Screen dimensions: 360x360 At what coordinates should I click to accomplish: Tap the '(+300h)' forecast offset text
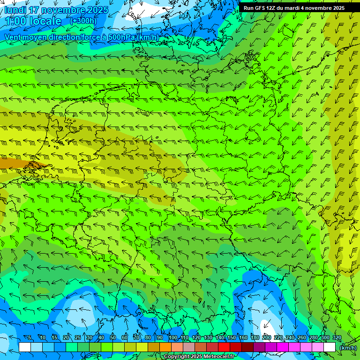(x=83, y=21)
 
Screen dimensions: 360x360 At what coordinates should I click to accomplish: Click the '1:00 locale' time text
(x=33, y=21)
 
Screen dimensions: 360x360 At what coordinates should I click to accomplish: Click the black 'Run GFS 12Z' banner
(x=294, y=8)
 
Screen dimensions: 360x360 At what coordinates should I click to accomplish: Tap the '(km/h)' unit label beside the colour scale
(x=348, y=347)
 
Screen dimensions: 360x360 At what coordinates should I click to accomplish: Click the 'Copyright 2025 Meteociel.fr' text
(x=200, y=357)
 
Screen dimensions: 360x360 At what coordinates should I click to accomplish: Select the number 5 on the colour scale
(x=30, y=338)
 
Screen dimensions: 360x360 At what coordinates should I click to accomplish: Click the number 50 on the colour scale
(x=113, y=338)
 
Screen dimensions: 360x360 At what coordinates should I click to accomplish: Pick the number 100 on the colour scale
(x=173, y=338)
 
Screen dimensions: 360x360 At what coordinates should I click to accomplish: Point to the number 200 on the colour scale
(x=267, y=338)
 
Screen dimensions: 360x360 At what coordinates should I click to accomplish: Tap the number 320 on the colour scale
(x=337, y=338)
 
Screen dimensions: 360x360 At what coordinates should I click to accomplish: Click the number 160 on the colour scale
(x=243, y=338)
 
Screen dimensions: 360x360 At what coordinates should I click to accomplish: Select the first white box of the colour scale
(x=25, y=347)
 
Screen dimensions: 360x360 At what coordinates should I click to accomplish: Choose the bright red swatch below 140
(x=224, y=347)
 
